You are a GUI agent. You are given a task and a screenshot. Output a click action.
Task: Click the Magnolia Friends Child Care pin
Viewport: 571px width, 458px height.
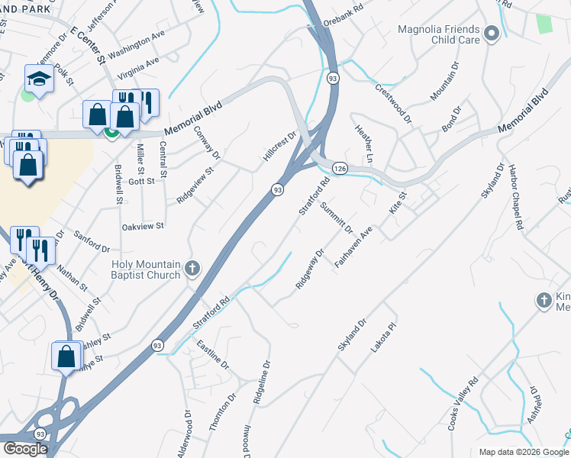[492, 33]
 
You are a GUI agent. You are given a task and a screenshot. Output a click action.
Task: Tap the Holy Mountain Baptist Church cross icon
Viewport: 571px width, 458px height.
[192, 269]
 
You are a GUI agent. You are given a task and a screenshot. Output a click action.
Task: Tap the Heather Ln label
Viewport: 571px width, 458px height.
[364, 144]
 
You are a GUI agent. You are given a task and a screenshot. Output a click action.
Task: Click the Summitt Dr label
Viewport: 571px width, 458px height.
[336, 218]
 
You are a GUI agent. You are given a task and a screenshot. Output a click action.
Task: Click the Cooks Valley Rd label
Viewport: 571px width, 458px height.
[463, 402]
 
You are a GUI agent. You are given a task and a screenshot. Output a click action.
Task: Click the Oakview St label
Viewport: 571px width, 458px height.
[143, 227]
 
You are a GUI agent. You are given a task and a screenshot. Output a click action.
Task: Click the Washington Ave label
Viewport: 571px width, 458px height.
[137, 45]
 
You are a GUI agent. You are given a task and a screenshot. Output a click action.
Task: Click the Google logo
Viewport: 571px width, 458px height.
[25, 449]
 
